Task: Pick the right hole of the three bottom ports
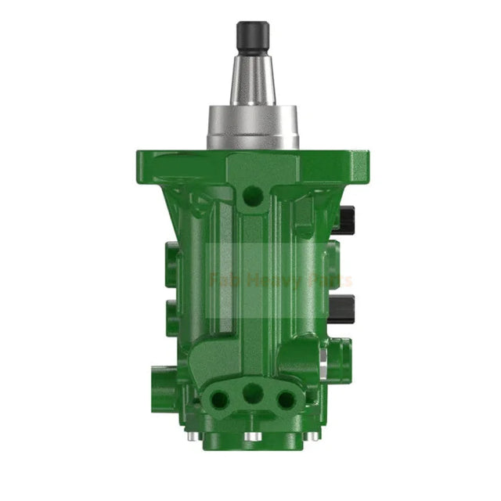[x=286, y=398]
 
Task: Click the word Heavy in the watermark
[x=278, y=280]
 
